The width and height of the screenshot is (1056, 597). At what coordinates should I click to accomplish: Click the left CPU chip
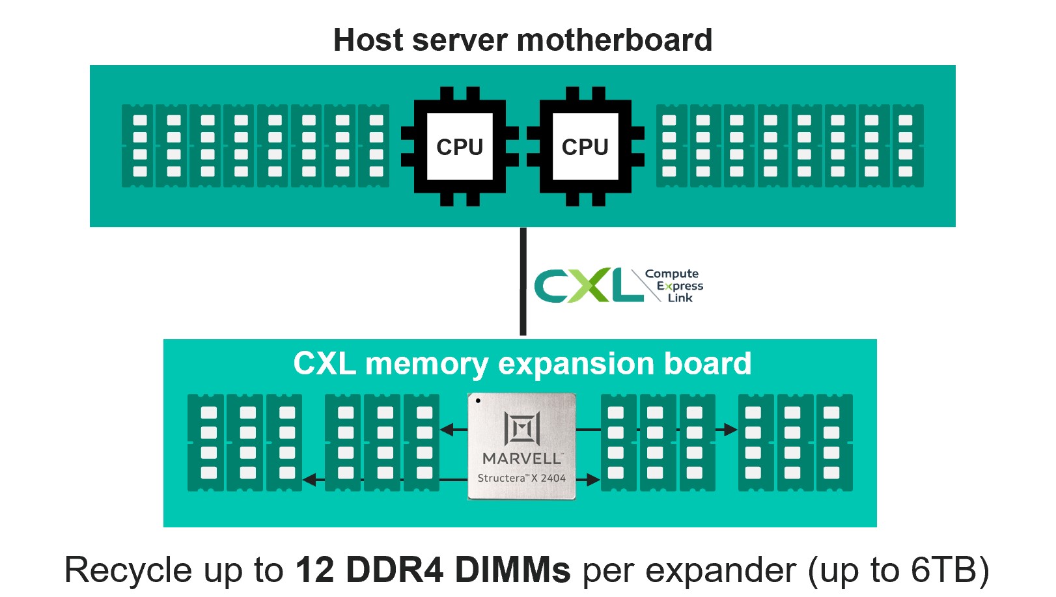coord(460,146)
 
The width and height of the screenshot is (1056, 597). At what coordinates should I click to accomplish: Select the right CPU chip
coord(585,146)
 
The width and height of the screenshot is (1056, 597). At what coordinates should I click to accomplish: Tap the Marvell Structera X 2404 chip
coord(521,447)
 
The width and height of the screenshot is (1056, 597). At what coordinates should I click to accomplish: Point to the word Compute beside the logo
coord(671,274)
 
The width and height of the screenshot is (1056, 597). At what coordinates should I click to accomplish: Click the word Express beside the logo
coord(680,286)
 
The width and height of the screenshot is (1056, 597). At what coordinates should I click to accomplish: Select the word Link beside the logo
coord(680,298)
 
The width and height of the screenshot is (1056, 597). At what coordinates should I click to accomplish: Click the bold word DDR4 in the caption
coord(395,570)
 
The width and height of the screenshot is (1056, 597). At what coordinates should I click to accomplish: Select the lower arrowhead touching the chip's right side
coord(592,480)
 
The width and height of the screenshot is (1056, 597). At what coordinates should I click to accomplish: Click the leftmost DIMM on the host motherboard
coord(138,146)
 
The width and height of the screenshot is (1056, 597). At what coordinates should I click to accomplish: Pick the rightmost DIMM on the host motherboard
coord(907,146)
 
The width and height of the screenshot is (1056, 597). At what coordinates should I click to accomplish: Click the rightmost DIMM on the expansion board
coord(833,443)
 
